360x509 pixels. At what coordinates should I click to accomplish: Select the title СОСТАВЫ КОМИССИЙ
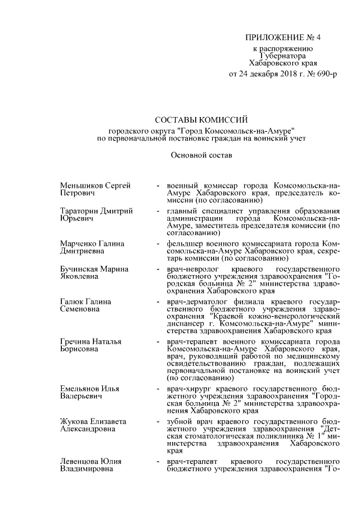click(x=201, y=119)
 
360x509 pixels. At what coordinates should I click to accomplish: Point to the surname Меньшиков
click(x=80, y=185)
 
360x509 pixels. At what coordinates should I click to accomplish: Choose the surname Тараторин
click(x=81, y=211)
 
